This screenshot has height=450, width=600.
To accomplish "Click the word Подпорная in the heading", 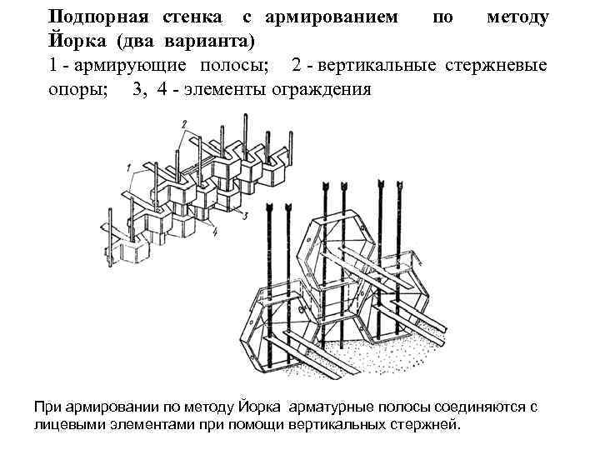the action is [93, 17].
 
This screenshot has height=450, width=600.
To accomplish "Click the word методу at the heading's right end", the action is [517, 17].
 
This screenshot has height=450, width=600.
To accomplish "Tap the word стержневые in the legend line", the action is [507, 66].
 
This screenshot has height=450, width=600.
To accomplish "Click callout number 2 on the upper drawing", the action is [182, 123].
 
